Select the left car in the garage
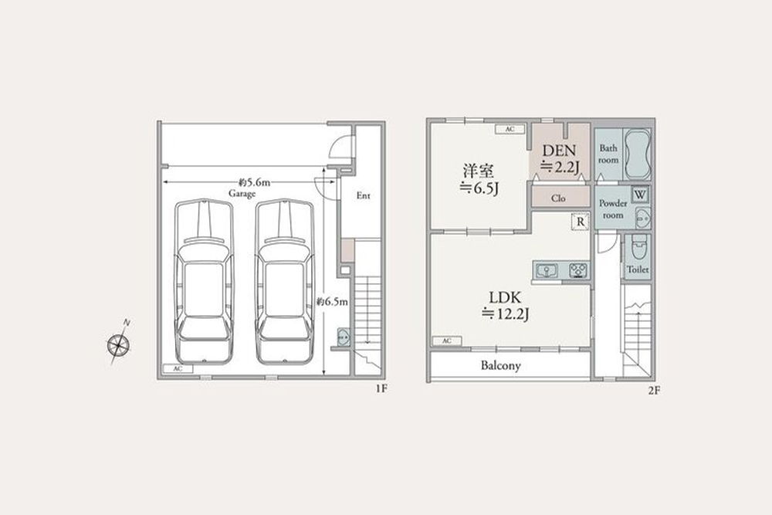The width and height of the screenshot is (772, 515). (204, 282)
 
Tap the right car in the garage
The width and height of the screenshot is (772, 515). (285, 282)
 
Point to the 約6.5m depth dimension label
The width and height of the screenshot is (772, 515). (334, 302)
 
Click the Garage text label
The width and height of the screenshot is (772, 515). (242, 195)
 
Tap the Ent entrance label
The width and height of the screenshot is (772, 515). (363, 196)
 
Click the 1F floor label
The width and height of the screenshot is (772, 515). (381, 390)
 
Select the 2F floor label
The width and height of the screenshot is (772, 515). (654, 391)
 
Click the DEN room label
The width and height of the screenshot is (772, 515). (559, 151)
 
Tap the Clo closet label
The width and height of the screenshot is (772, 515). (559, 198)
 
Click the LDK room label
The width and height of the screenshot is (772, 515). (506, 296)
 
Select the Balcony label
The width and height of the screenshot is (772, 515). (501, 366)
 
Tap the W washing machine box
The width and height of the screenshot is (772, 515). (640, 194)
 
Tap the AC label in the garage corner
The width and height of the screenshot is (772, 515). (178, 370)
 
